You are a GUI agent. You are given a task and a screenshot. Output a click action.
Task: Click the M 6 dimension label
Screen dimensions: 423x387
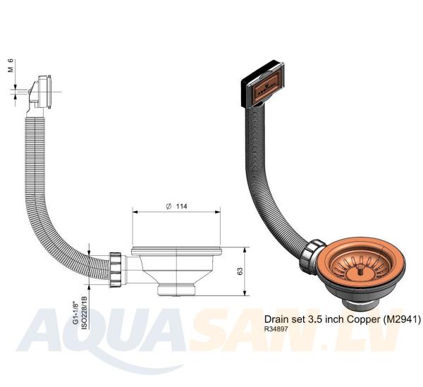[11, 66]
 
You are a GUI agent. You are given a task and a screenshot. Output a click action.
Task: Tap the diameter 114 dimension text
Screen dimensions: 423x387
[177, 207]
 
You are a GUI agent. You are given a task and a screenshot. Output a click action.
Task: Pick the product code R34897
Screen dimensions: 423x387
[276, 329]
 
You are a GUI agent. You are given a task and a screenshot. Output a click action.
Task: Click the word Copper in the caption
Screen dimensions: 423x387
[363, 319]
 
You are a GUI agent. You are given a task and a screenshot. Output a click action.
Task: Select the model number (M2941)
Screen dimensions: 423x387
[401, 319]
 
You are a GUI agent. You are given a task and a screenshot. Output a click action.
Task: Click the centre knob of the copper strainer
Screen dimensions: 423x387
[359, 269]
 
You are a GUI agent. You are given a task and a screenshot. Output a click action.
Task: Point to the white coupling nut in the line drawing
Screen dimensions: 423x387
[116, 270]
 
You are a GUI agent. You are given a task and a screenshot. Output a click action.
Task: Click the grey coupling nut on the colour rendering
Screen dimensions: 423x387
[312, 255]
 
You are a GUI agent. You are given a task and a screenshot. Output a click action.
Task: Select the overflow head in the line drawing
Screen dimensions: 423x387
[40, 92]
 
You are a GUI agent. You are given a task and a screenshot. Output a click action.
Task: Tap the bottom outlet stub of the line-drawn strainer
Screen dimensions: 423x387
[176, 290]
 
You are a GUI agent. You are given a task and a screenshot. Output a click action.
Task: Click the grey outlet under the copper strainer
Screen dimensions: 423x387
[359, 305]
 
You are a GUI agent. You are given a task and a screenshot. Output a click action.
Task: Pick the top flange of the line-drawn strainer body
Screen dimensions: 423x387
[176, 252]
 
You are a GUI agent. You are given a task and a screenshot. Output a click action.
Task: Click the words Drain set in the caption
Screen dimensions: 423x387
[285, 319]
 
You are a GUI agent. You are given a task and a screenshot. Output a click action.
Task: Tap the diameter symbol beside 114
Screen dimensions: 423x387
[168, 207]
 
